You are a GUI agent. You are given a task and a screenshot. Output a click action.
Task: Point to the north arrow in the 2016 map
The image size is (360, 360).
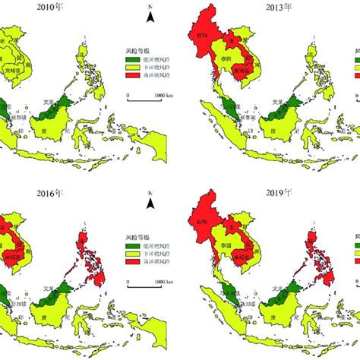pos(152,202)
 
